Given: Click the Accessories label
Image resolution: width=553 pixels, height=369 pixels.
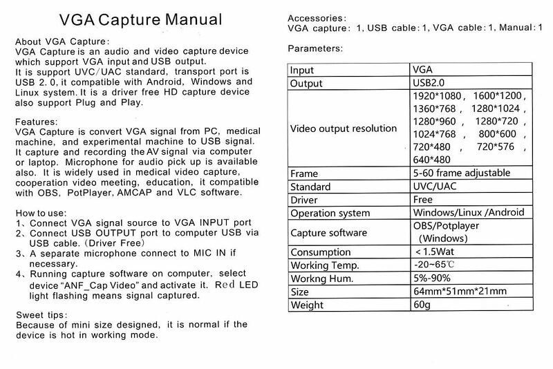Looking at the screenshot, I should tap(317, 18).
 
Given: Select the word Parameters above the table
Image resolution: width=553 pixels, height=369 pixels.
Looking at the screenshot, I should tap(315, 48).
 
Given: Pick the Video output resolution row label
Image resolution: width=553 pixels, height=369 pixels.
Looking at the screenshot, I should tap(343, 129).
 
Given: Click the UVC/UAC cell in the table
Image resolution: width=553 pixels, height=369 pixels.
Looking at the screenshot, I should tap(435, 187).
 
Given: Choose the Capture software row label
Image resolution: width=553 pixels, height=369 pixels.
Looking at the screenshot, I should tap(329, 232).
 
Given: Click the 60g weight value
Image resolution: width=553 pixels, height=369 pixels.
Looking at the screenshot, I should tap(421, 304).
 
